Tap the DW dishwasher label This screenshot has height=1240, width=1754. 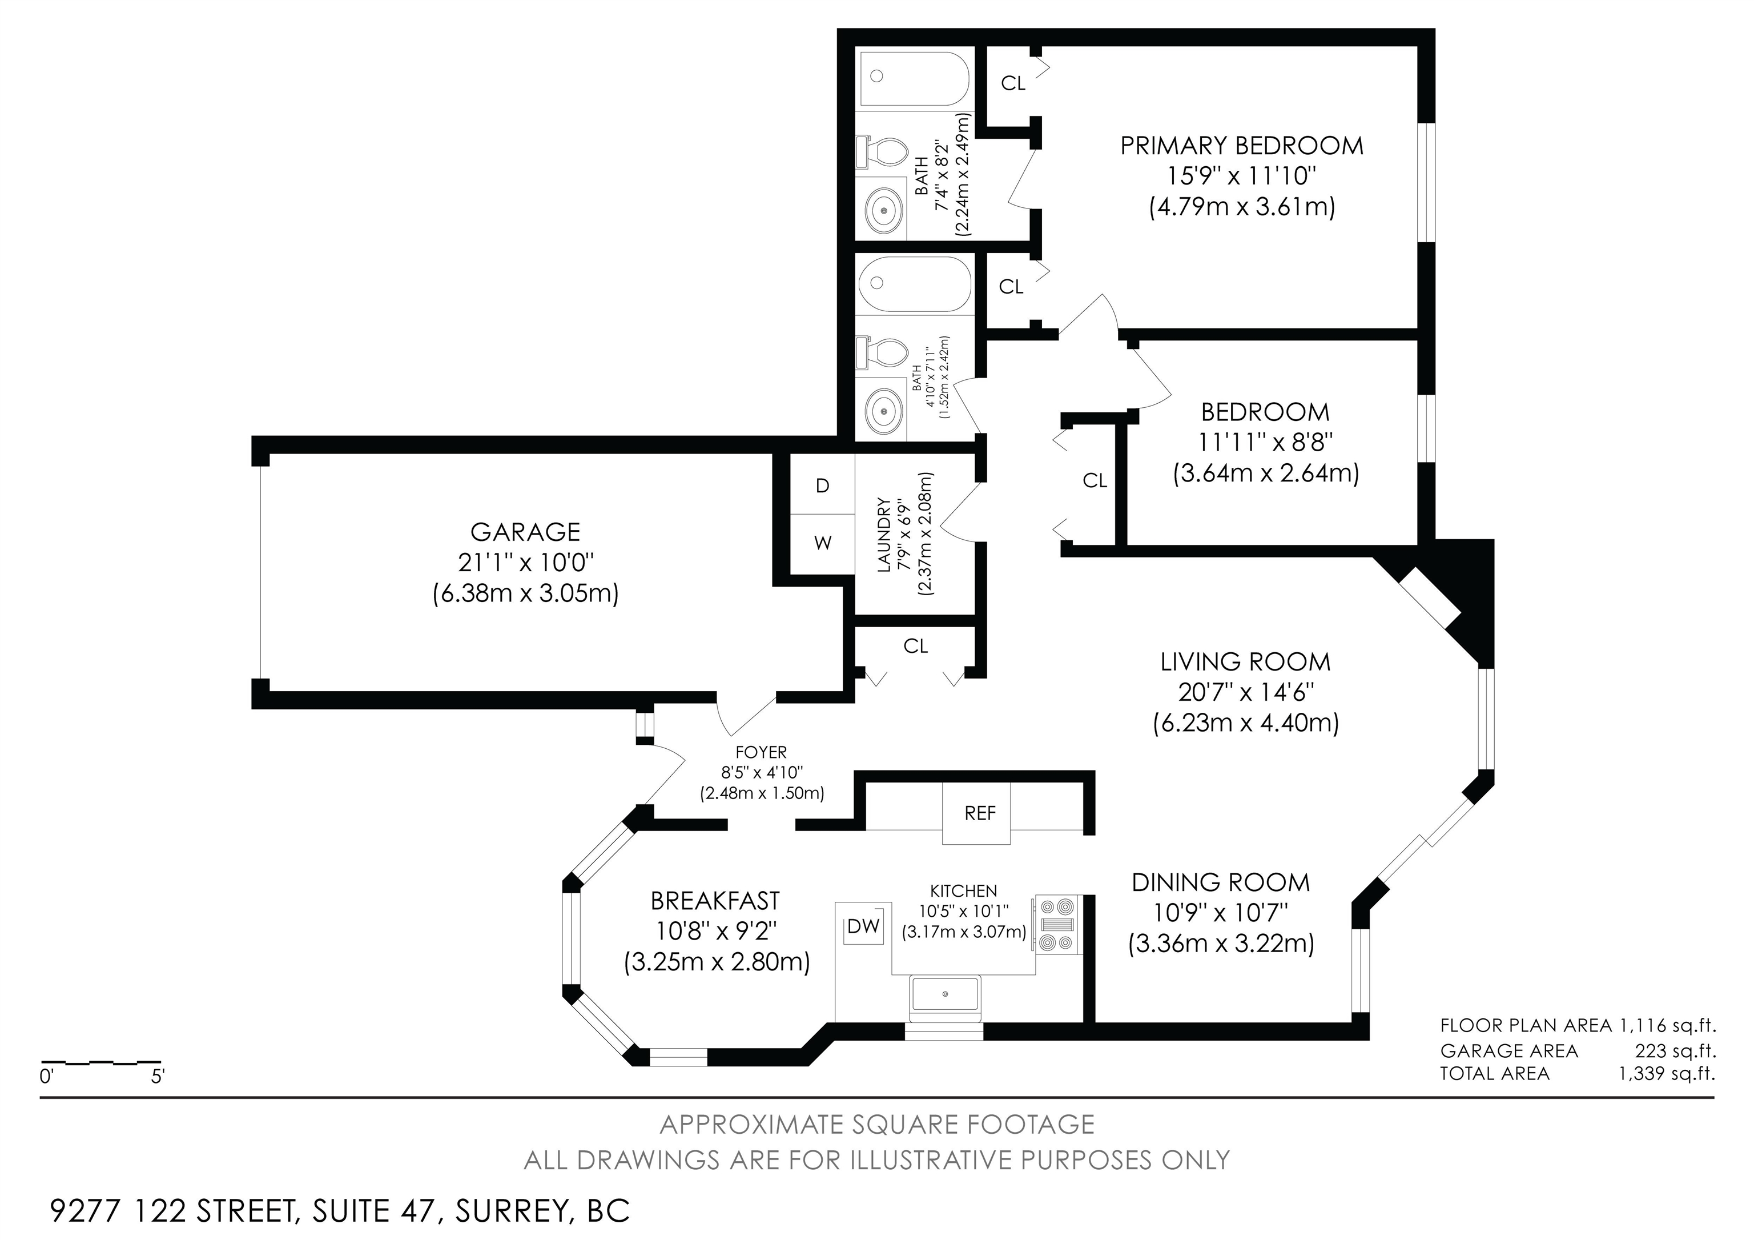click(x=863, y=927)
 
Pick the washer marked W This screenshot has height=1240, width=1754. click(x=822, y=544)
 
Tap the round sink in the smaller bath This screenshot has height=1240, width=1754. click(x=884, y=411)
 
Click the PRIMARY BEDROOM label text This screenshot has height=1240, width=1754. click(x=1241, y=145)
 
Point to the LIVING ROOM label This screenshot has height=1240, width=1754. click(x=1245, y=661)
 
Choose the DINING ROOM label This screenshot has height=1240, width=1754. click(x=1220, y=882)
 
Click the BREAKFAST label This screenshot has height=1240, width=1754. click(x=715, y=901)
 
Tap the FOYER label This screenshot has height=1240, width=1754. click(x=761, y=753)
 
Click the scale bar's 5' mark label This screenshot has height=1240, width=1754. click(x=158, y=1077)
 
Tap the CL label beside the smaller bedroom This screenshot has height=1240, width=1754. click(x=1095, y=480)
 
